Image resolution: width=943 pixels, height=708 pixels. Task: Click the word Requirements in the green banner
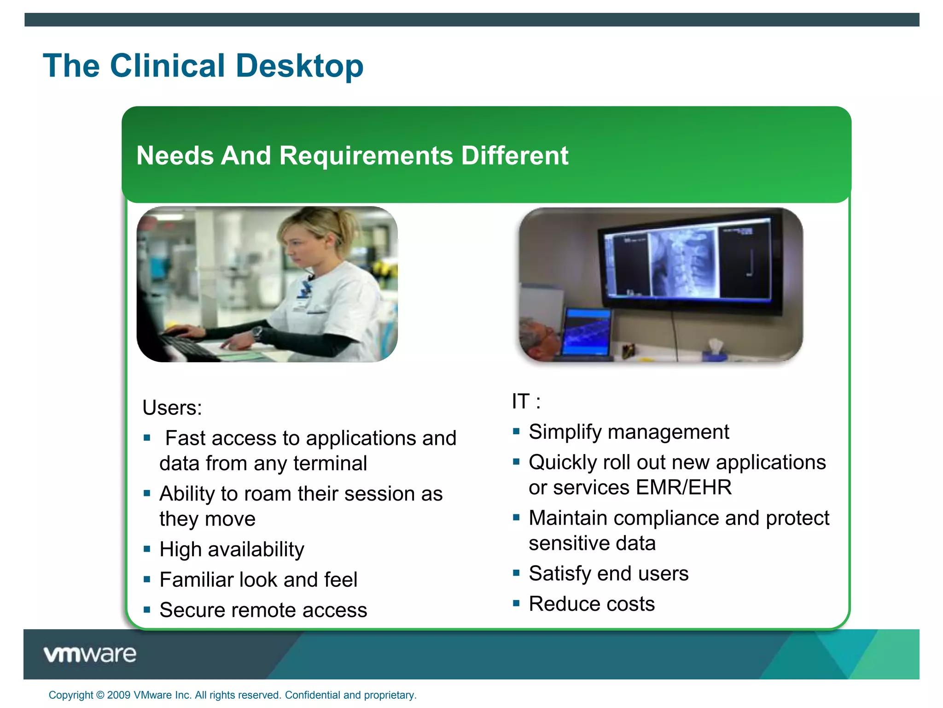click(366, 155)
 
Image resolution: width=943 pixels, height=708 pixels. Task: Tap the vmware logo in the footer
click(90, 654)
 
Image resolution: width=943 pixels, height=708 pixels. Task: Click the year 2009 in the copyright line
click(118, 695)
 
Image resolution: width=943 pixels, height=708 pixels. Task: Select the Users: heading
click(172, 407)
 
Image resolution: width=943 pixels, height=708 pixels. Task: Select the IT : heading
click(526, 401)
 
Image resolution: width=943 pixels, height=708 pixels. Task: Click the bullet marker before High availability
click(147, 549)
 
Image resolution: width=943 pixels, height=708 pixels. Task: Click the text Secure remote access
click(263, 610)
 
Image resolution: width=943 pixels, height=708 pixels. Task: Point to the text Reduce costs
click(591, 604)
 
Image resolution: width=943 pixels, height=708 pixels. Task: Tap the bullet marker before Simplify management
click(516, 431)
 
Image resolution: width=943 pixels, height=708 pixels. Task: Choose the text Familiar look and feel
click(258, 579)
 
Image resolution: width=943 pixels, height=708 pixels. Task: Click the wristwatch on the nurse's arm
click(257, 332)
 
